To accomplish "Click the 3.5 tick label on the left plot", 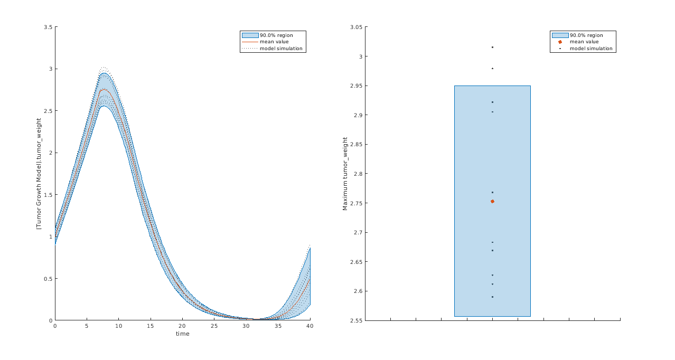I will point(48,27).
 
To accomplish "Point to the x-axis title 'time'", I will point(182,334).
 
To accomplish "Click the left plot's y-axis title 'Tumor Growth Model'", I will point(39,174).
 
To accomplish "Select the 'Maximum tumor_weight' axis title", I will point(345,174).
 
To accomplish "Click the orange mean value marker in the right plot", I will point(492,201).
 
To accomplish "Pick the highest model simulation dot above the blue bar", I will point(492,47).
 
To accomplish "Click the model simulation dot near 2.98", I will point(492,68).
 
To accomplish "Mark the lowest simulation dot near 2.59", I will point(492,297).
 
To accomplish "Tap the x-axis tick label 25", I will point(214,326).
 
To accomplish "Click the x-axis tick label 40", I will point(310,326).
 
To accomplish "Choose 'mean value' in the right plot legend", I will point(584,42).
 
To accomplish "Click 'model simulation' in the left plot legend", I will point(281,48).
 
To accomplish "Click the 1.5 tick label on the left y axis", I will point(48,195).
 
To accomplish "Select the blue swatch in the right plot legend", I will point(560,35).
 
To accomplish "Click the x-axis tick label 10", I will point(118,326).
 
